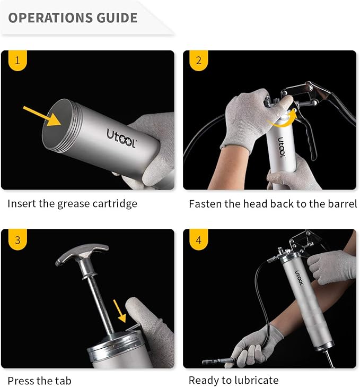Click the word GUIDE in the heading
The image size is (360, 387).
[x=117, y=18]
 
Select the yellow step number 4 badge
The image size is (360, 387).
[x=199, y=240]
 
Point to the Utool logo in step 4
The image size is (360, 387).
[x=300, y=277]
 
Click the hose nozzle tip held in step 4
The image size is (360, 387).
[x=209, y=362]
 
